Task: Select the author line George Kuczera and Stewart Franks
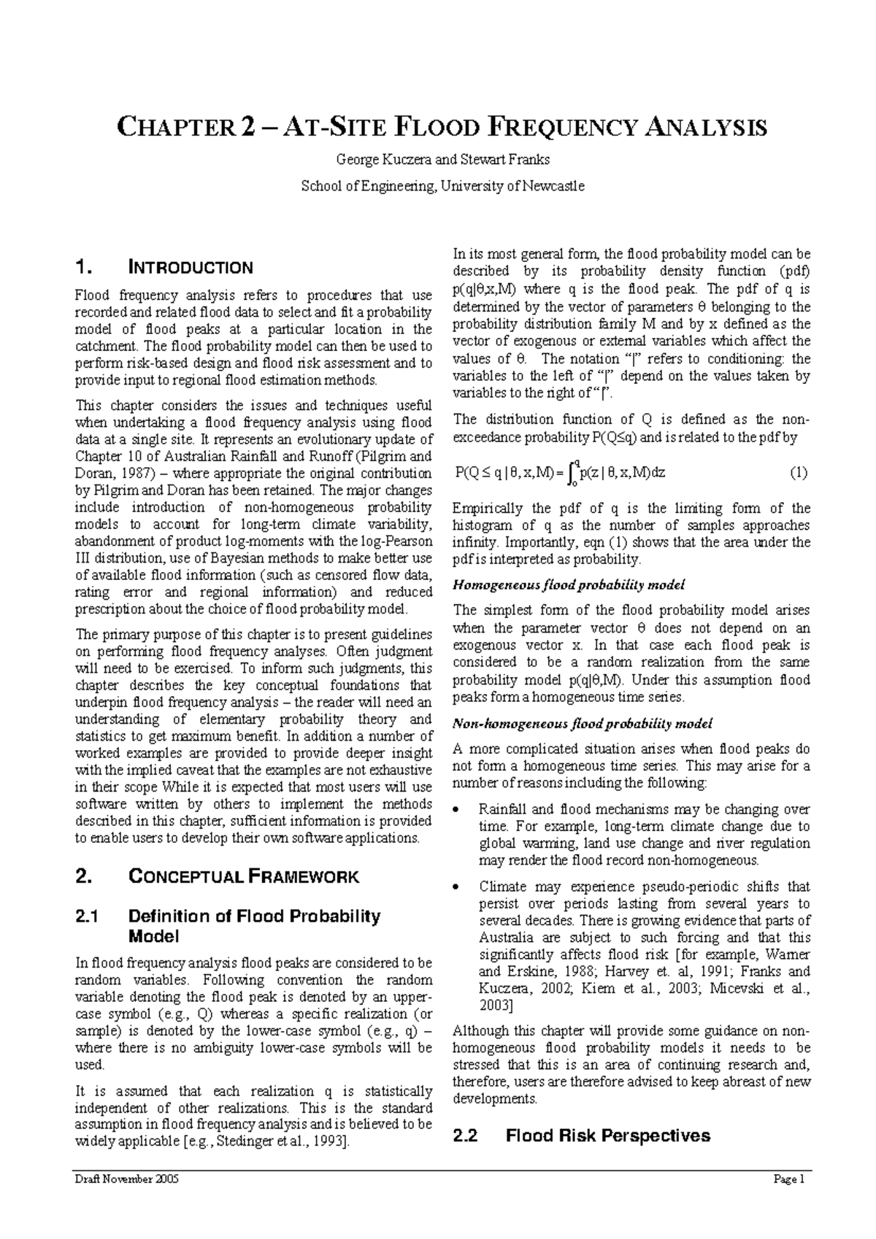(x=442, y=159)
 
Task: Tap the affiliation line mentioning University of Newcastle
(x=442, y=186)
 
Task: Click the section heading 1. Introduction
(x=164, y=268)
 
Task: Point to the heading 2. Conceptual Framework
(x=217, y=877)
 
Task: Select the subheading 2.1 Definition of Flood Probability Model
(x=228, y=926)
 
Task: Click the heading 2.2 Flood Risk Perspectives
(x=581, y=1136)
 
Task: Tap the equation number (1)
(x=798, y=472)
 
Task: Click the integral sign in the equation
(x=576, y=473)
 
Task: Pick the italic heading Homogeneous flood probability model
(x=569, y=585)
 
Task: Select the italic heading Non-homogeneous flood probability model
(x=583, y=724)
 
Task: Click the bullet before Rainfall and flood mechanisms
(x=457, y=811)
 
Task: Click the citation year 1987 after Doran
(x=126, y=474)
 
